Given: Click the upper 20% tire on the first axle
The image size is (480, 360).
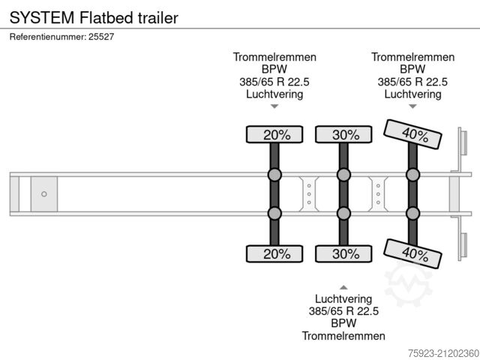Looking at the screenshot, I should (x=274, y=134).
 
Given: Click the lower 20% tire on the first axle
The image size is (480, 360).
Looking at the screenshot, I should (x=274, y=253).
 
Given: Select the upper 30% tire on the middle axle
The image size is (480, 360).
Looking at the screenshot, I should (x=343, y=134).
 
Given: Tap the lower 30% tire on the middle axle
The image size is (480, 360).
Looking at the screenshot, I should (x=343, y=253).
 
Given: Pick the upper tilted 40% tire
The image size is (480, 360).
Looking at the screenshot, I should (x=412, y=134).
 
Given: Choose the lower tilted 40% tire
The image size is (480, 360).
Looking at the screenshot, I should (x=412, y=253).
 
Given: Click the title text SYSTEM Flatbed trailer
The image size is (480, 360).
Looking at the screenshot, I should (x=94, y=17).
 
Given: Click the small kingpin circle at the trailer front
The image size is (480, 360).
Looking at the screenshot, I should (x=44, y=194).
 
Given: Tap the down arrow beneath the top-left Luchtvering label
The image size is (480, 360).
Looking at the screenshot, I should (x=274, y=108).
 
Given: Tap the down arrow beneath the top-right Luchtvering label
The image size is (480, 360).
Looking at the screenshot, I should (x=412, y=108).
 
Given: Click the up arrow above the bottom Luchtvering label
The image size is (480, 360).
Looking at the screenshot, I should (x=343, y=286).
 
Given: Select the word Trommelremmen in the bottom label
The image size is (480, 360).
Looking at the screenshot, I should (x=343, y=335).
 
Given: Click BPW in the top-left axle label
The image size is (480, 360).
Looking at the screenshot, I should (x=274, y=70).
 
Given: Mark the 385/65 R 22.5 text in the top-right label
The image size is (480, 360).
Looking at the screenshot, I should (x=412, y=82).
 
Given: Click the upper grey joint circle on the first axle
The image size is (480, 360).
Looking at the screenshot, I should (x=274, y=175).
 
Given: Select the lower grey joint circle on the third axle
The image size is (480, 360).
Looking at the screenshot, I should (x=412, y=213).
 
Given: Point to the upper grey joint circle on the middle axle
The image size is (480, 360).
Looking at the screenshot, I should (x=343, y=175).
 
